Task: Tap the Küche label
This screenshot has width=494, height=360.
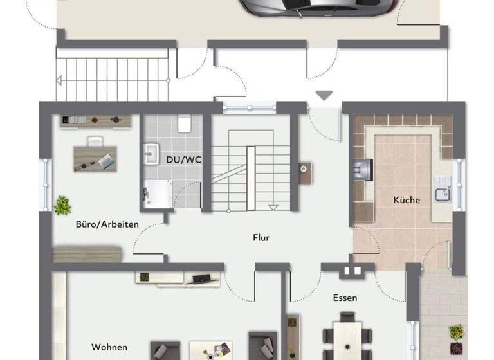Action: (x=407, y=200)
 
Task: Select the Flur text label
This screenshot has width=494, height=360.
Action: (x=261, y=237)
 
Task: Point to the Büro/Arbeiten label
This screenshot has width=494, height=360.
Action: (x=107, y=224)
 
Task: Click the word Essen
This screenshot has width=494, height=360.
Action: (x=345, y=298)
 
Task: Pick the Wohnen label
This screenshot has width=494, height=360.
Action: (x=109, y=347)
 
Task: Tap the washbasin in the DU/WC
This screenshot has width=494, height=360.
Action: (x=152, y=153)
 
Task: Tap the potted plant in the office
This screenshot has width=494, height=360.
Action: (x=62, y=205)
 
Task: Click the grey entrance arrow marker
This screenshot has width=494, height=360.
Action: (x=324, y=96)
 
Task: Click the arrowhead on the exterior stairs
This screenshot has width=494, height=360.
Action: (x=59, y=81)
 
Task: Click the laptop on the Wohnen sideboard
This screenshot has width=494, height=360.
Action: (x=199, y=278)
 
